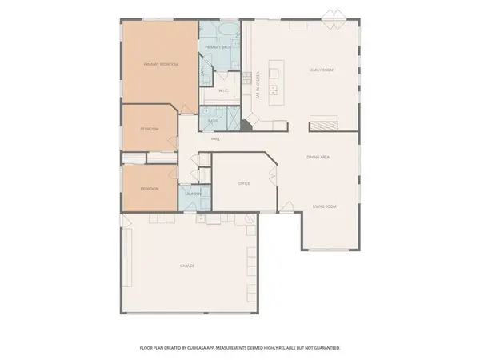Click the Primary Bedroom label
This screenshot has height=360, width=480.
point(160,64)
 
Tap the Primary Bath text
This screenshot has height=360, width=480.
point(218,48)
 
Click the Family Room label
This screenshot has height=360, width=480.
point(322,70)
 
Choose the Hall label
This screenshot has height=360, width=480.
point(215,138)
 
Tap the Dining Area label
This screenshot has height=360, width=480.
point(318,158)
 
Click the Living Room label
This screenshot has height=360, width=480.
point(324,206)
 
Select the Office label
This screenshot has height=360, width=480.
point(244,183)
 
